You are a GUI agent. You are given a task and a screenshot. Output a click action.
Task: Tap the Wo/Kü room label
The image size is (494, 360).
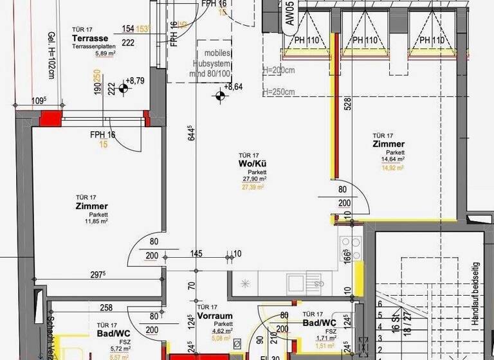(x=248, y=164)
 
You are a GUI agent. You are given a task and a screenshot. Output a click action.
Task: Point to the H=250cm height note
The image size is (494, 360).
(x=279, y=91)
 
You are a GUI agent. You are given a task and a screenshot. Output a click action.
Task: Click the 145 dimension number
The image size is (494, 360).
(x=196, y=254)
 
